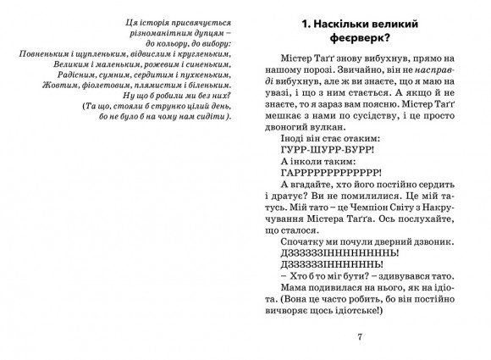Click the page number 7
[x=361, y=337]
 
